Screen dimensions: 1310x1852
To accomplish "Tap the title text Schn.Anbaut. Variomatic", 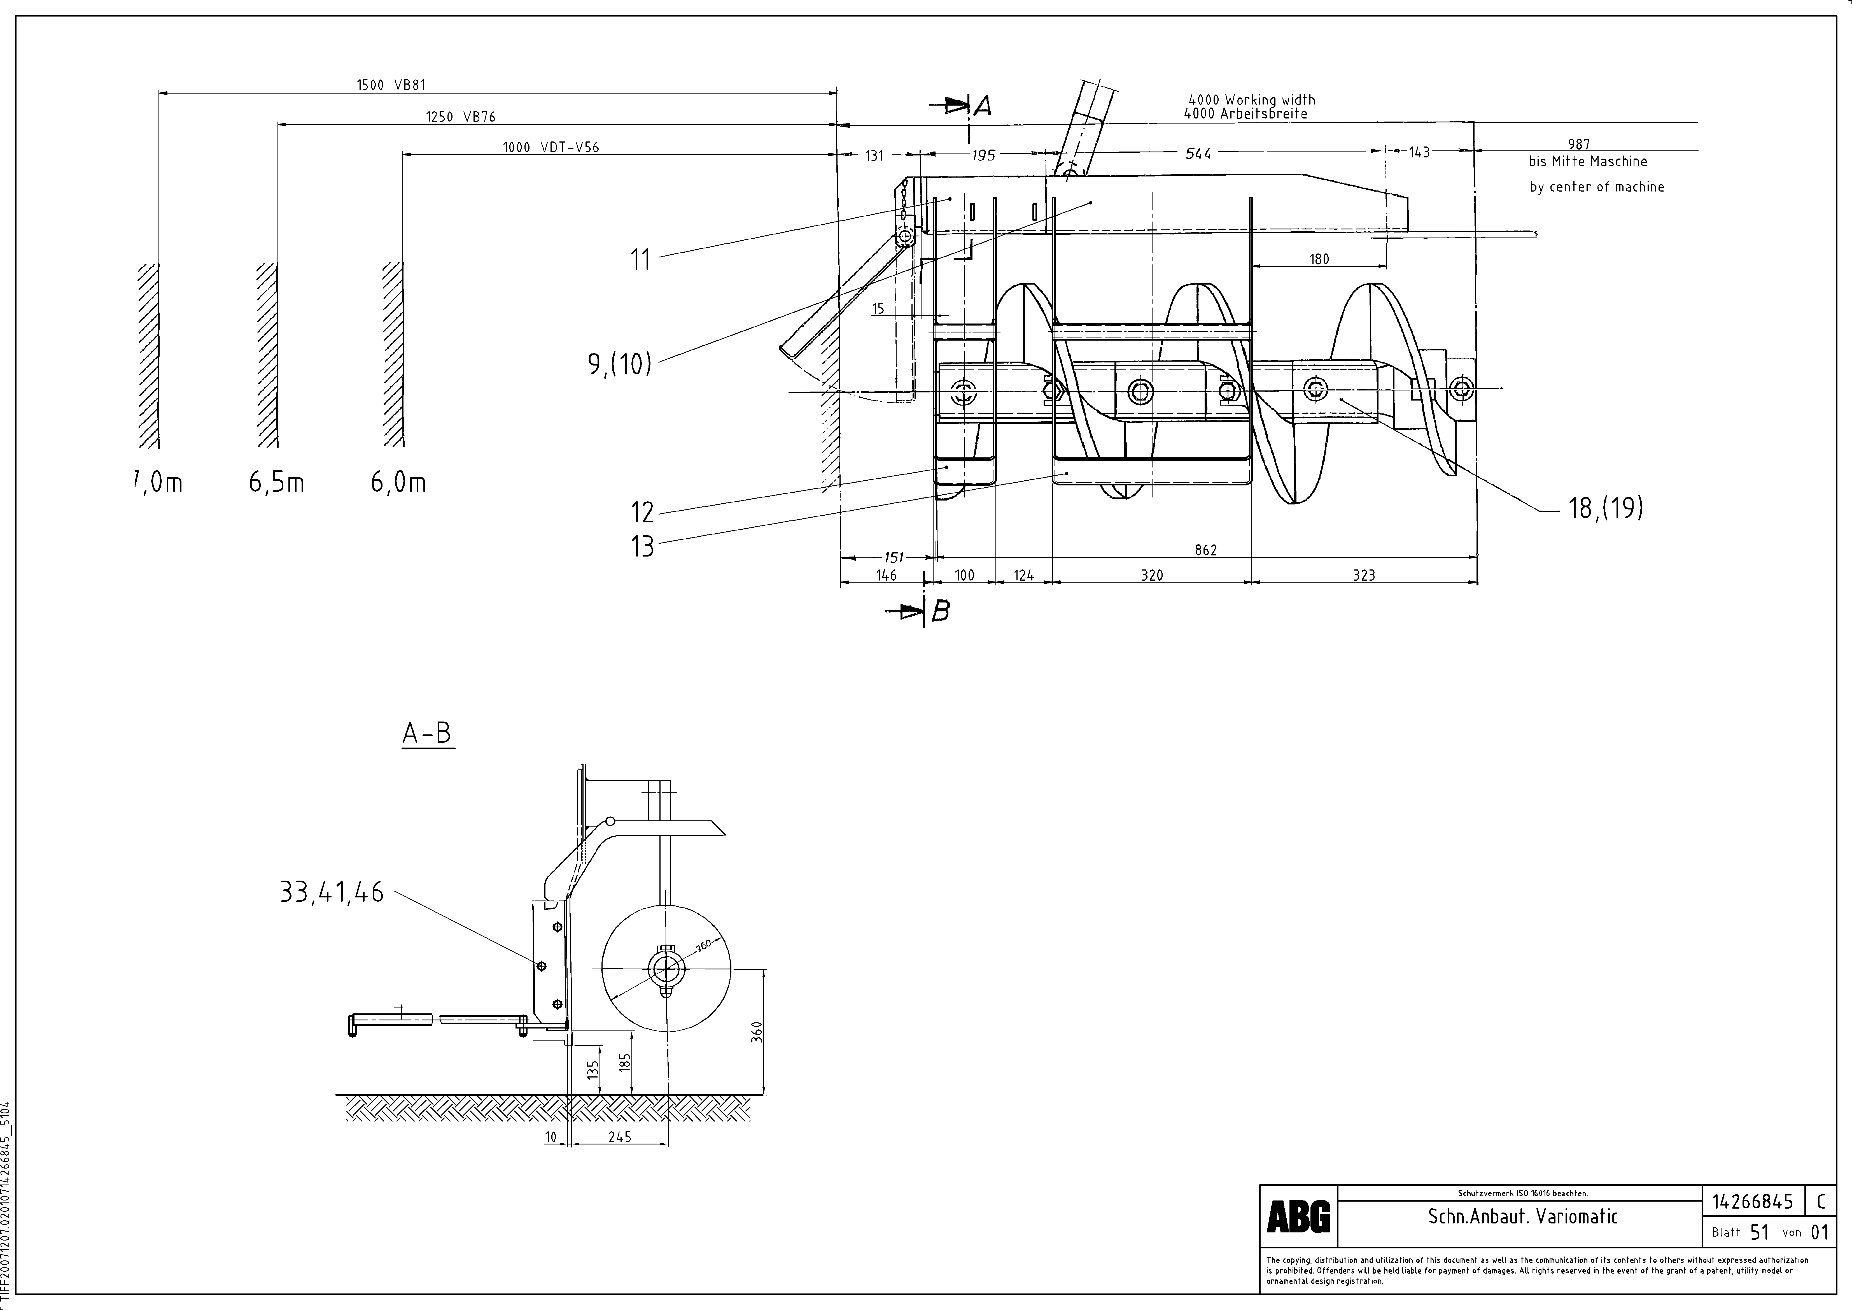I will pos(1522,1216).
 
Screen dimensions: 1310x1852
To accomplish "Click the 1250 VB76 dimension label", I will pos(461,116).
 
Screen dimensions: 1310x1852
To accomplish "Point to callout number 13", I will pos(642,547).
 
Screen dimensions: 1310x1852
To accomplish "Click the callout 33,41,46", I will pos(332,893).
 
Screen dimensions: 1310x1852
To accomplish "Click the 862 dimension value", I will pos(1205,550).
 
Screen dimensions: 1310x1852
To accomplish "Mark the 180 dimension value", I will pos(1319,259).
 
